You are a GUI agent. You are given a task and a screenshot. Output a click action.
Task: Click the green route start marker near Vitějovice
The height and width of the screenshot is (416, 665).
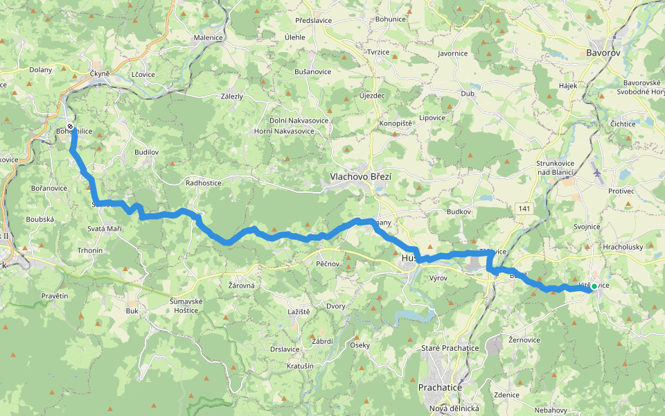tap(594, 286)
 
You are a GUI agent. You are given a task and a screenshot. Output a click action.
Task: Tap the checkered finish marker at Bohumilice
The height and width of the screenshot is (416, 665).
tap(70, 126)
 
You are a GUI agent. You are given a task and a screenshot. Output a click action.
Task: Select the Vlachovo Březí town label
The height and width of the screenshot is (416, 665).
tap(360, 177)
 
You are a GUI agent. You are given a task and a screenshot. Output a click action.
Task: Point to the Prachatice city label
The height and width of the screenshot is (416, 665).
tap(440, 388)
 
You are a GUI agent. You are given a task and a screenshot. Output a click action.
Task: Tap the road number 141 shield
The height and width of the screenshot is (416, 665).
tap(524, 208)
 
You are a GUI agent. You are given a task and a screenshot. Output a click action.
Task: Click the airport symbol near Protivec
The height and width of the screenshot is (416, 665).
tap(598, 172)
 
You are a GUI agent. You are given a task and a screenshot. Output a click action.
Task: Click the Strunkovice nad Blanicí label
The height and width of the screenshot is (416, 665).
tap(560, 167)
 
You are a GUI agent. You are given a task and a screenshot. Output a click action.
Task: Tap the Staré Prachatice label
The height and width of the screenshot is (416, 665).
tap(450, 347)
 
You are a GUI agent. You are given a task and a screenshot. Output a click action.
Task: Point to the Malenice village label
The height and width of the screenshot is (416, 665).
tap(209, 38)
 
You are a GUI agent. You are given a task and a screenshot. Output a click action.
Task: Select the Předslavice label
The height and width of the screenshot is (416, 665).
tap(313, 21)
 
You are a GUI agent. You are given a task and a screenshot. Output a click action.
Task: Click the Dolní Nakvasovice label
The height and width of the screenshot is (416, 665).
tap(299, 121)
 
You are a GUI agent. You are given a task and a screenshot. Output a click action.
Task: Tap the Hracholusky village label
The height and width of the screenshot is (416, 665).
tap(623, 246)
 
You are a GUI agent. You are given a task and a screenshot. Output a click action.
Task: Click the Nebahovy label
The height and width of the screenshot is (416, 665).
tap(552, 410)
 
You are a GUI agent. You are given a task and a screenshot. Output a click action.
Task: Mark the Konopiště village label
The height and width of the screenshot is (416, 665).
tap(396, 123)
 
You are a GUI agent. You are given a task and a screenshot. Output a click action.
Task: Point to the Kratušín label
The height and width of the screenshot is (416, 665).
tap(300, 365)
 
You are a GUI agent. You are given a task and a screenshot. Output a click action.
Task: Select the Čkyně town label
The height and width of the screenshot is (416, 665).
tap(100, 73)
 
